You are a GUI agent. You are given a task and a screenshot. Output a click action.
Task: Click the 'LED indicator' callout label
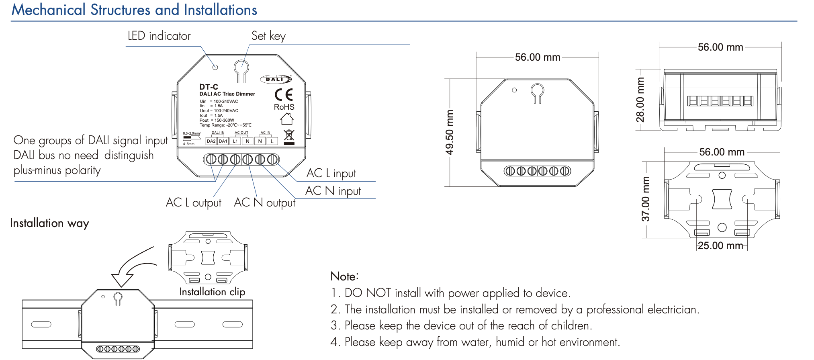click(x=159, y=36)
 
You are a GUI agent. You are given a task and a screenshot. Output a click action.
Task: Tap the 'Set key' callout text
click(x=268, y=36)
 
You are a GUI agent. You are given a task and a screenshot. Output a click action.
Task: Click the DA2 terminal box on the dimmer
click(x=211, y=141)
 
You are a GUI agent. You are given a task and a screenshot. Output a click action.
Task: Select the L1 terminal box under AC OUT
click(x=235, y=141)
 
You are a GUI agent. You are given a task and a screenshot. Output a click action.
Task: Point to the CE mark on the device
click(x=284, y=95)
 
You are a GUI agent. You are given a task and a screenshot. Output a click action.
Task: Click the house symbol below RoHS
click(x=287, y=119)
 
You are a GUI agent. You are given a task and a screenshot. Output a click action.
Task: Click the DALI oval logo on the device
click(x=276, y=79)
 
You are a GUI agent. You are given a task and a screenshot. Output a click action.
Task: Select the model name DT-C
click(x=209, y=87)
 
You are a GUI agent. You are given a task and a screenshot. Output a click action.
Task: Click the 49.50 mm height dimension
click(x=450, y=132)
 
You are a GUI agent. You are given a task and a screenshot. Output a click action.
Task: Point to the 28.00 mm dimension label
click(x=640, y=100)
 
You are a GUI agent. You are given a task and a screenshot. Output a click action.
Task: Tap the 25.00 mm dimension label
click(x=720, y=245)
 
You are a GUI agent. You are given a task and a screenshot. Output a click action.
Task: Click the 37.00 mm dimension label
click(x=645, y=199)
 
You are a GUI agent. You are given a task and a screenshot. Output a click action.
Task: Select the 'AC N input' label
click(x=333, y=191)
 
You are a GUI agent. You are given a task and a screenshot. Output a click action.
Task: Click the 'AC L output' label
click(x=194, y=202)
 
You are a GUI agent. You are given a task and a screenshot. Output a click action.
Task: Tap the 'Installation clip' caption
click(x=212, y=292)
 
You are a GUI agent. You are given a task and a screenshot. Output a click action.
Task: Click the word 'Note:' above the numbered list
click(x=344, y=276)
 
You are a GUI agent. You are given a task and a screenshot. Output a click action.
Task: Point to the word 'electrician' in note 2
click(x=673, y=309)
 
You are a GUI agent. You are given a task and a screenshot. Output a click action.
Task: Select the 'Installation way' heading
click(x=49, y=223)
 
